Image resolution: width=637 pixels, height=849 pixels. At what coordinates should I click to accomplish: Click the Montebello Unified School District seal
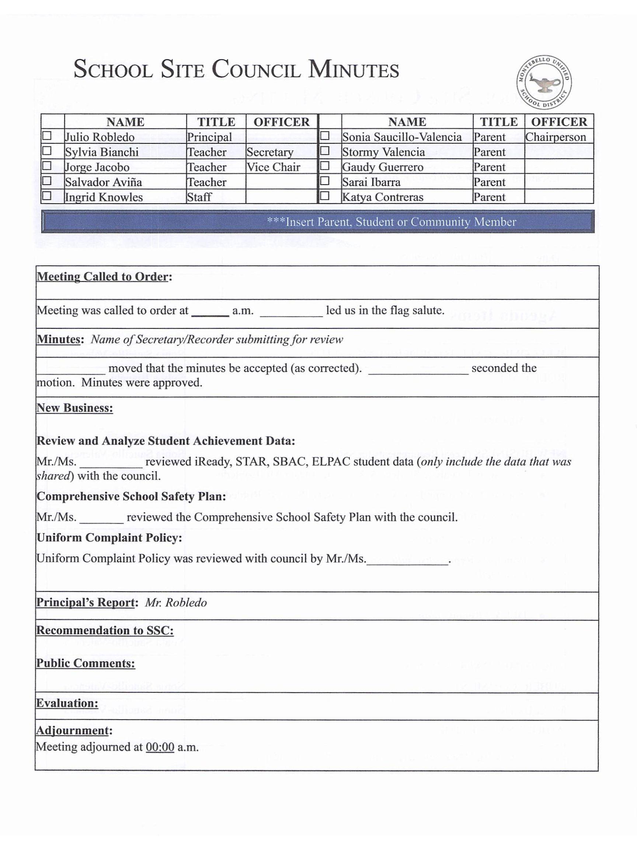click(543, 82)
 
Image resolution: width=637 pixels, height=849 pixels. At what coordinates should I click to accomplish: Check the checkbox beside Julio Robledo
click(47, 136)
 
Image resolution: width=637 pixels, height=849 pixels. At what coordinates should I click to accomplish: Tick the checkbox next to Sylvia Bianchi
click(47, 151)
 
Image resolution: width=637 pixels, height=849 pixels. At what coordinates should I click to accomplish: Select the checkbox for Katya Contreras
click(325, 196)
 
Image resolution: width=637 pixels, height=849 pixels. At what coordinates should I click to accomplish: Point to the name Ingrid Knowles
click(104, 197)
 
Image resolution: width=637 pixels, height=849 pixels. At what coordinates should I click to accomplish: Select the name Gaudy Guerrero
click(382, 167)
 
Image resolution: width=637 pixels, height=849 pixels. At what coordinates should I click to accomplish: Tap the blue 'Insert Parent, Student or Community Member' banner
click(317, 221)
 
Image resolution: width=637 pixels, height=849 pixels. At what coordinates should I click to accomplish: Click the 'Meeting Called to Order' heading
click(104, 277)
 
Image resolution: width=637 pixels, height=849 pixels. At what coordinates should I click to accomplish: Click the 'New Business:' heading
click(74, 408)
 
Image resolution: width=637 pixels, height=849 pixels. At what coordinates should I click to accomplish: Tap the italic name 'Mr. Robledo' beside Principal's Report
click(176, 602)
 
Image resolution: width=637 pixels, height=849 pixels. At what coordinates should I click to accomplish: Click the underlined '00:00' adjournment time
click(160, 747)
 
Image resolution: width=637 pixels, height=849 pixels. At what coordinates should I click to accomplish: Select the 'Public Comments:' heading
click(85, 663)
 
